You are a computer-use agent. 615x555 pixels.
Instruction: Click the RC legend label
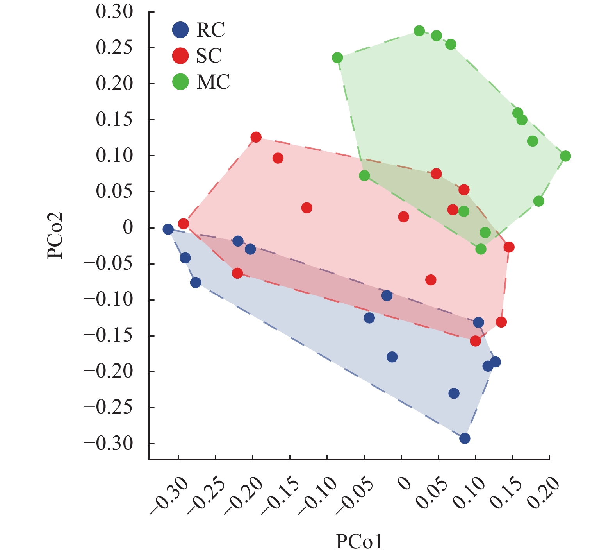(211, 30)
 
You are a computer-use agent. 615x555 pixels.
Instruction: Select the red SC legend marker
(180, 56)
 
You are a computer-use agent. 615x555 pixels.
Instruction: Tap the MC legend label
(213, 82)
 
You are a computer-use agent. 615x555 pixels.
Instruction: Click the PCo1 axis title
(359, 542)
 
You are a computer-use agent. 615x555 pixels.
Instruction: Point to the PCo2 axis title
(55, 235)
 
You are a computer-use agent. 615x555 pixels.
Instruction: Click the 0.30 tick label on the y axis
(114, 12)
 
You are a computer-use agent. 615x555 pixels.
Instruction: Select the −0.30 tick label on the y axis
(109, 444)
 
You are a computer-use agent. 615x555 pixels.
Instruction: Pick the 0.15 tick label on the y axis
(114, 120)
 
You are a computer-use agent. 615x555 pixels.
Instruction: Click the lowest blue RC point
(465, 439)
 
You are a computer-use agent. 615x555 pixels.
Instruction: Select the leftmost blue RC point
(168, 229)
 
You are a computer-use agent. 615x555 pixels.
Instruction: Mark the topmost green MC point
(419, 31)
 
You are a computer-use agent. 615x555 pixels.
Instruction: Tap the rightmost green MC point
(565, 156)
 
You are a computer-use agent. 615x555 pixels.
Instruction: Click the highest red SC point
(256, 137)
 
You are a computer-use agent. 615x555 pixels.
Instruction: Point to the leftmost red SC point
(184, 224)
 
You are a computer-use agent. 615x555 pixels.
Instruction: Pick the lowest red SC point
(475, 341)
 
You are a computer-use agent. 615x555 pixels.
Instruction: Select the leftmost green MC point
(337, 58)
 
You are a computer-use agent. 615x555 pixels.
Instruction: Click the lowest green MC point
(481, 249)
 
